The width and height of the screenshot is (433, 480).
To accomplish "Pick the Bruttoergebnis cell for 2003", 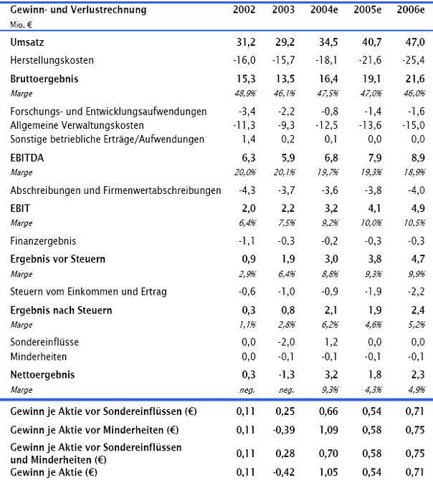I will click(284, 79).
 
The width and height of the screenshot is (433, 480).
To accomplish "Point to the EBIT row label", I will click(21, 208).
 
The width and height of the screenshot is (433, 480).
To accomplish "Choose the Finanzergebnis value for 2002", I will click(246, 241).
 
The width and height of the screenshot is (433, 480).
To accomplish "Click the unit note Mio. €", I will click(25, 24).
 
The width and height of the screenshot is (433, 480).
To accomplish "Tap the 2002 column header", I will click(245, 10).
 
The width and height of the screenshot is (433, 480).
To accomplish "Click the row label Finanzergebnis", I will click(44, 241).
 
